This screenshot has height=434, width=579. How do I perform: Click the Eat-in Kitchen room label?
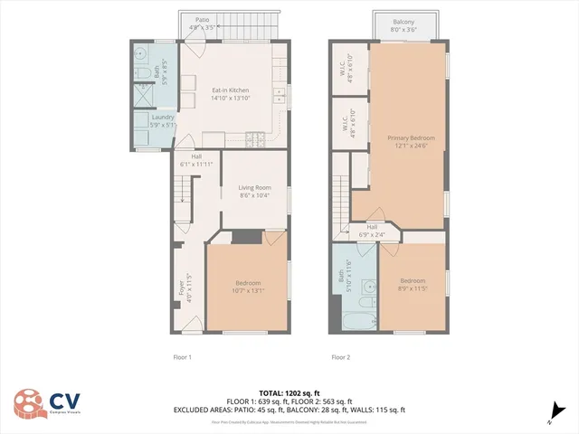pyautogui.click(x=230, y=94)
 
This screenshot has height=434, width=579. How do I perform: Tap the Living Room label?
pyautogui.click(x=255, y=191)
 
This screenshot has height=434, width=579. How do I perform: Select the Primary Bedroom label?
pyautogui.click(x=411, y=141)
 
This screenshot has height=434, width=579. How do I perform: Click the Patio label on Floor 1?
pyautogui.click(x=203, y=23)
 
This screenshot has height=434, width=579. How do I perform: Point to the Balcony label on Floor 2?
pyautogui.click(x=403, y=25)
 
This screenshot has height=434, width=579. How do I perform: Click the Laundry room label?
pyautogui.click(x=162, y=120)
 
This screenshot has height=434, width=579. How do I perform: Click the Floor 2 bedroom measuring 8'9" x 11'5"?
pyautogui.click(x=413, y=283)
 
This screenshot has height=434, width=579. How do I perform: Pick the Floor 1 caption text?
pyautogui.click(x=183, y=357)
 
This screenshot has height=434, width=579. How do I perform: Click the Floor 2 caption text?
pyautogui.click(x=340, y=357)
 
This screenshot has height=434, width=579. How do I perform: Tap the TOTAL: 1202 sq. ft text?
pyautogui.click(x=289, y=393)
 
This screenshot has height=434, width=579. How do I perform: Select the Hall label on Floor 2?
pyautogui.click(x=372, y=230)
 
